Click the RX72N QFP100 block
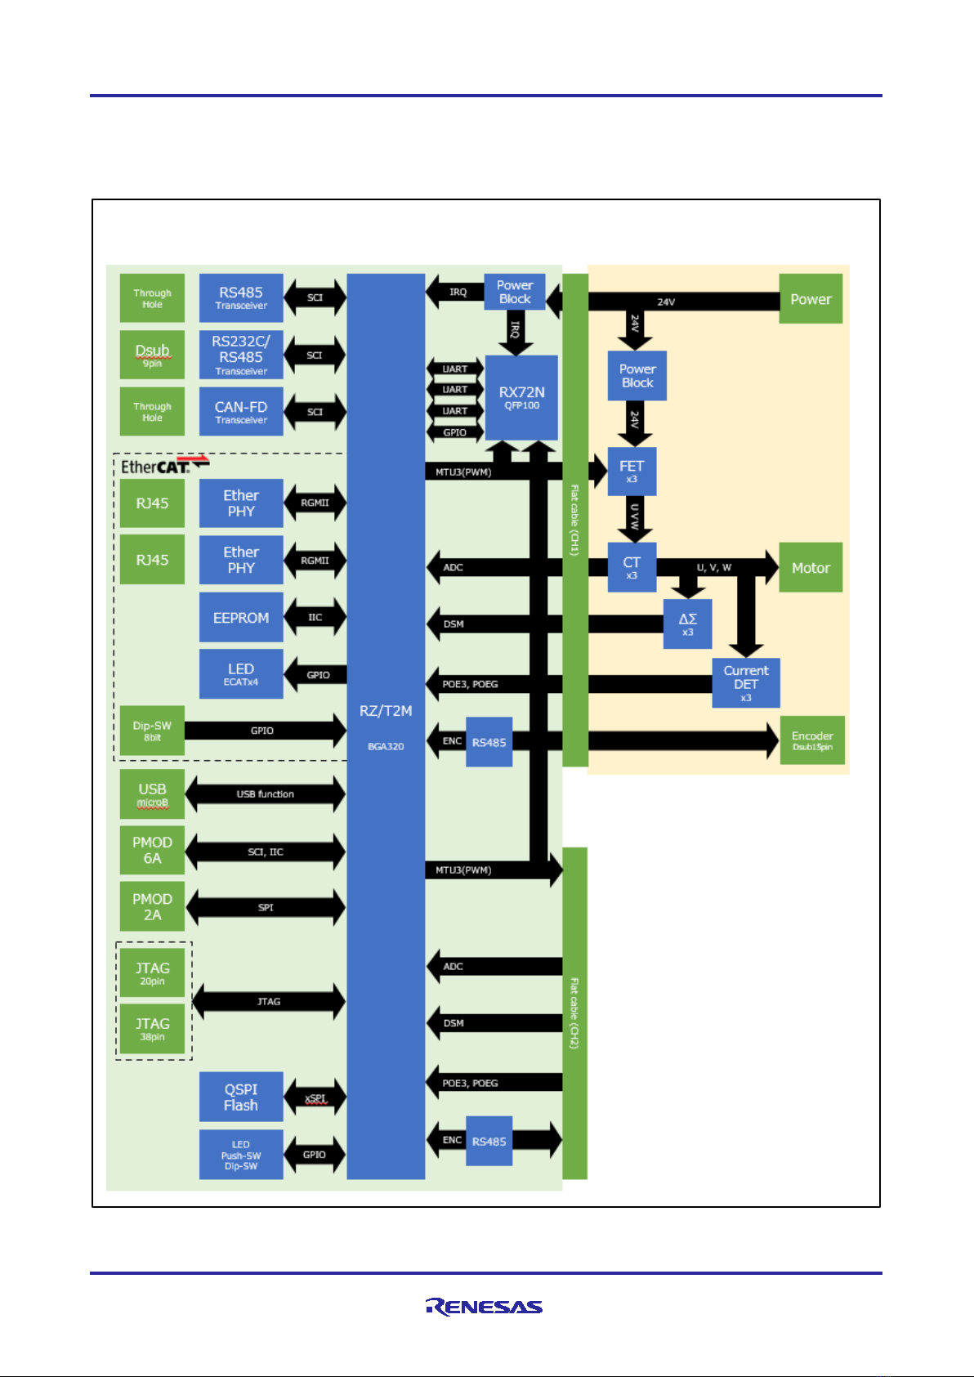[521, 397]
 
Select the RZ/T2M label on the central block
[386, 711]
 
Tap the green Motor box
[811, 567]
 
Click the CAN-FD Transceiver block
[241, 412]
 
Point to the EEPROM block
[241, 618]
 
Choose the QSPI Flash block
[241, 1097]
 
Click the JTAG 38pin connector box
[153, 1029]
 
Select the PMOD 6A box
[152, 850]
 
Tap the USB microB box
[152, 794]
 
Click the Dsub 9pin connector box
[152, 355]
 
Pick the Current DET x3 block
[745, 682]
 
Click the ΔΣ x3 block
[687, 624]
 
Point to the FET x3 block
[632, 471]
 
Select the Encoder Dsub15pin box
[812, 740]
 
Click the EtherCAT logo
[164, 466]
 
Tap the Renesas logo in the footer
[484, 1306]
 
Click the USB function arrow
[265, 794]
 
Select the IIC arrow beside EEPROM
[315, 617]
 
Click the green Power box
[811, 299]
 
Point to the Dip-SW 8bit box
[152, 731]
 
